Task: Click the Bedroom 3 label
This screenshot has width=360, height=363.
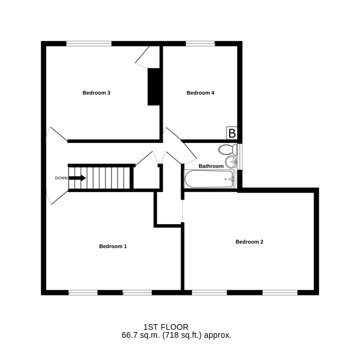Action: [96, 93]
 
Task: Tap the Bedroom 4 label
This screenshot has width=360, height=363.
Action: [201, 93]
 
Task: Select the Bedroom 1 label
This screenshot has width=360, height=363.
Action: [113, 246]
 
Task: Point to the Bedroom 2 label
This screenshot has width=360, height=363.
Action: [249, 242]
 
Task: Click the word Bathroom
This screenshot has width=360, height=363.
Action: [211, 166]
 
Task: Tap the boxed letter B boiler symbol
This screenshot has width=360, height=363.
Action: [232, 133]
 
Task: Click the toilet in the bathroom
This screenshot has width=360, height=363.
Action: [228, 150]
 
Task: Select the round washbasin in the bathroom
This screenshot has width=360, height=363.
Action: [231, 162]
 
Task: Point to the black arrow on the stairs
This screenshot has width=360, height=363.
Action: [77, 178]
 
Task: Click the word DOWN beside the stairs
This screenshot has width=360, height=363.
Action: [61, 178]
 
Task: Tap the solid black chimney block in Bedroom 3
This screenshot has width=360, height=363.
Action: [154, 87]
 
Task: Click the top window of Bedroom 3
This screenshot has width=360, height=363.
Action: [89, 43]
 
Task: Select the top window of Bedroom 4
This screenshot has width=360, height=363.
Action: [201, 43]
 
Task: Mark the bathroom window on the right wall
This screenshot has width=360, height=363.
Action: [241, 157]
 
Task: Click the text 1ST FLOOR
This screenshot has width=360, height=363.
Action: [166, 327]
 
